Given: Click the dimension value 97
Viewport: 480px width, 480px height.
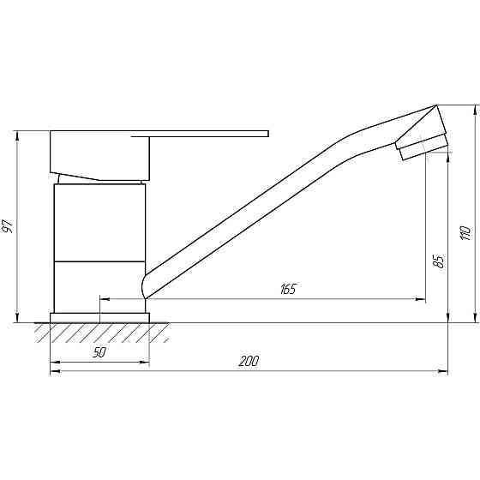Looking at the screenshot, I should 9,227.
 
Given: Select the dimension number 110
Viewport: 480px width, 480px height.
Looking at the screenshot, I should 465,232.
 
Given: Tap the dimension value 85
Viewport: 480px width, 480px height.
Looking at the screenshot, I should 438,260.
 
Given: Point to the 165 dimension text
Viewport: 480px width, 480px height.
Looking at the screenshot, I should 287,289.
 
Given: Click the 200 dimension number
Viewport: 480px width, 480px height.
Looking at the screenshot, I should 249,361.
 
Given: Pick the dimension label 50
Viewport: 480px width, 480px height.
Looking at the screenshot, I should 100,353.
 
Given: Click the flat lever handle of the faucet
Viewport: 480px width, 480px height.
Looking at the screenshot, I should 206,134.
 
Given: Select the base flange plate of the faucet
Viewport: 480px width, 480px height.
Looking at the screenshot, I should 99,317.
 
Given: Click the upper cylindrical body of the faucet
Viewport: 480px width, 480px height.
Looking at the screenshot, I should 99,221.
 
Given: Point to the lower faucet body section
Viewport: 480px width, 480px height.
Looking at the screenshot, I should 99,285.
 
